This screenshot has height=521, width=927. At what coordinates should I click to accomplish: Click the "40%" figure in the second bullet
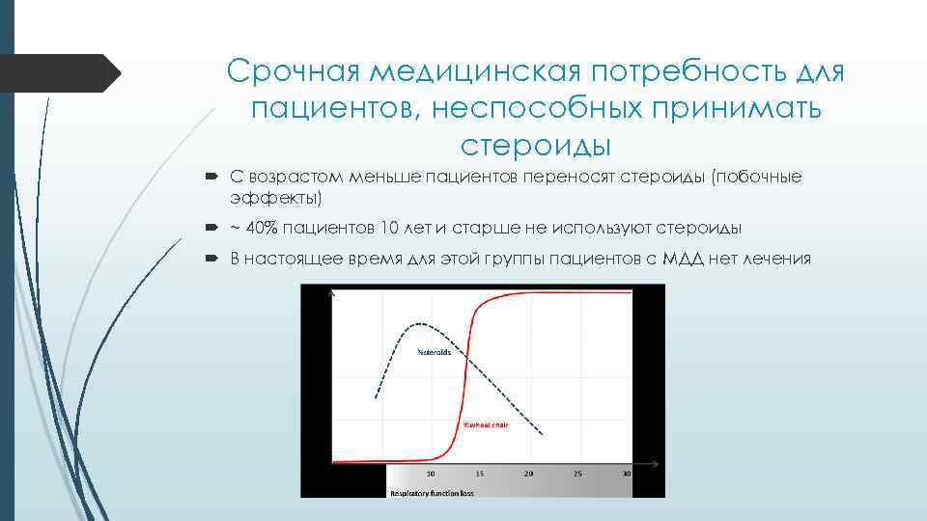point(259,228)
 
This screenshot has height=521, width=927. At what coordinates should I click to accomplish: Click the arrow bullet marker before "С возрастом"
point(212,178)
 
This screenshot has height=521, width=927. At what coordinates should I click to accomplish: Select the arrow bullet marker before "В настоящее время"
point(212,259)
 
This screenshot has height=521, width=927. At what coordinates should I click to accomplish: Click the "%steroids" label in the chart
point(434,352)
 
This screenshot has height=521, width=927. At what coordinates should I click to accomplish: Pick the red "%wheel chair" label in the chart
point(486,425)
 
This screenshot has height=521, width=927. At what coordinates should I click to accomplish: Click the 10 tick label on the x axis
point(430,474)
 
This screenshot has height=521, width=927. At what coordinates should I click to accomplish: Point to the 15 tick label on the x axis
point(479,474)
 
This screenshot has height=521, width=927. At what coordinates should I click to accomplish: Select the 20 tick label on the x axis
point(528,474)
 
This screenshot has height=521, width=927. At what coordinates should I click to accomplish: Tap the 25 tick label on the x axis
point(577,474)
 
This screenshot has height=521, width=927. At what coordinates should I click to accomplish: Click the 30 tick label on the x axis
point(626,474)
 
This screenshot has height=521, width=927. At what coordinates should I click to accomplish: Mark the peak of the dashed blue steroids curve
point(417,323)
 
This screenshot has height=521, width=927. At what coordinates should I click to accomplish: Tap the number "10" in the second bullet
point(389,228)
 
